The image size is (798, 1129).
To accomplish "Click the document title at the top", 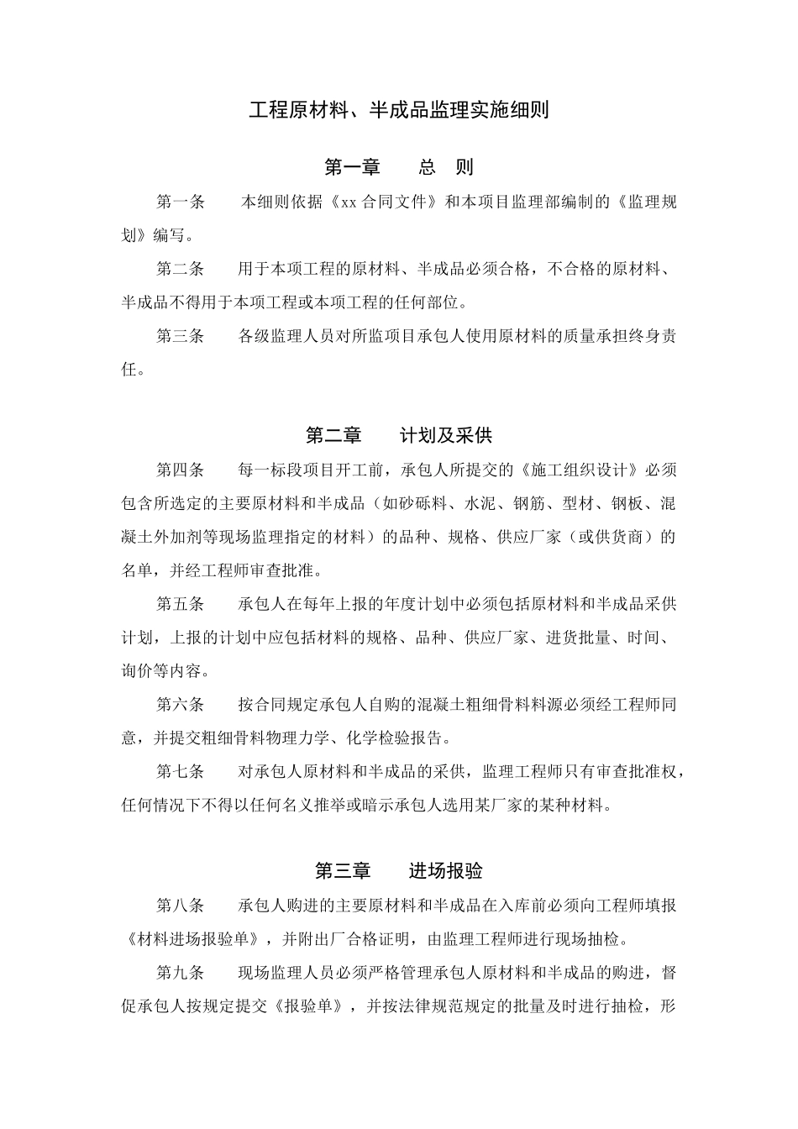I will coord(399,110).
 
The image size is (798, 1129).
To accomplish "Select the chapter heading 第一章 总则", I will coord(399,167).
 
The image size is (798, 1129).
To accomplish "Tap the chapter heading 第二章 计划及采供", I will coord(399,435).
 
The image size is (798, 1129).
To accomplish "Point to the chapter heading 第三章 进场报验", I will coord(399,871).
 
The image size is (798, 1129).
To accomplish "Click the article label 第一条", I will coord(181,202).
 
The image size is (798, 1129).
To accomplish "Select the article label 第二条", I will coord(181,269).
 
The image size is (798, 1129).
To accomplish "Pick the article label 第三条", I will coord(181,336).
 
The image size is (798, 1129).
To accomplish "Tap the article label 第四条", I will coord(181,470).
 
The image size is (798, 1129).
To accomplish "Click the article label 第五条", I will coord(181,604).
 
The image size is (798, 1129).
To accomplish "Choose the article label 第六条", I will coord(181,705).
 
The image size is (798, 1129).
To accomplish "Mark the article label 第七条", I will coord(181,772).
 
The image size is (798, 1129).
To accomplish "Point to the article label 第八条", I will coord(181,906).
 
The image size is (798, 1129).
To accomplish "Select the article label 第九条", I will coord(181,973).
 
